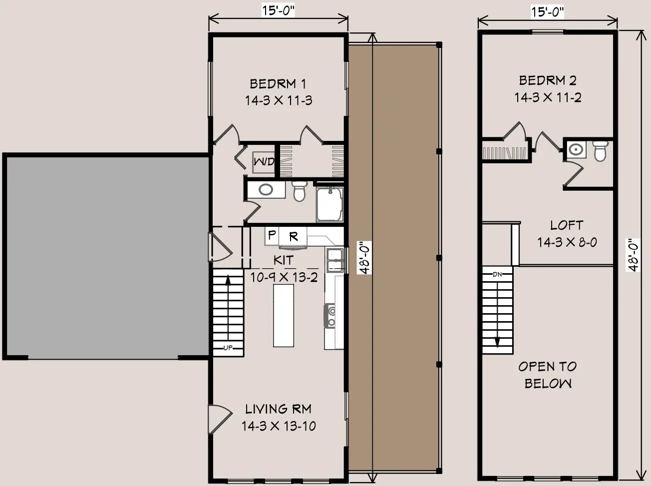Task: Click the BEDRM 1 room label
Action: (278, 84)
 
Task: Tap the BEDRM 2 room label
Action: (548, 80)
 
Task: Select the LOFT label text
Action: (567, 225)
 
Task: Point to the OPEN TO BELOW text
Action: (548, 375)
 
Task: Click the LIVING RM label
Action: (278, 409)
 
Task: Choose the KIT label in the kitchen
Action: (284, 260)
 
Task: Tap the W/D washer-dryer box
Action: (264, 162)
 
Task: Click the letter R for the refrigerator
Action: (294, 236)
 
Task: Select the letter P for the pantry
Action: (272, 235)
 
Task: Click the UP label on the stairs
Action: (228, 348)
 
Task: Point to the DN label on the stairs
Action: (497, 274)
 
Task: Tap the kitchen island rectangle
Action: (284, 315)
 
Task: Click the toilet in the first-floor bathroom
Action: (299, 191)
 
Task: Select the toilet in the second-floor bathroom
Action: (600, 151)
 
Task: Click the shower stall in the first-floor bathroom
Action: (330, 204)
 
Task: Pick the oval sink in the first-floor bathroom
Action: (266, 189)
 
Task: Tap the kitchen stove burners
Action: (330, 316)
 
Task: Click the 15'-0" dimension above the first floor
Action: (278, 10)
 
